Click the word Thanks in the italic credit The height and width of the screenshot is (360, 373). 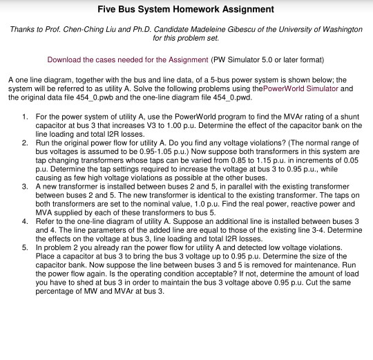click(21, 30)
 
